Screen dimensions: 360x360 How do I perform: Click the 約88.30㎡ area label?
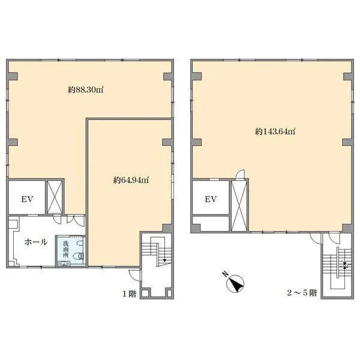[86, 89]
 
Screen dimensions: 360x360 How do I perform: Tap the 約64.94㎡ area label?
[131, 180]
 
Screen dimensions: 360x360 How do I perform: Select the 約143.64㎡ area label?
[275, 131]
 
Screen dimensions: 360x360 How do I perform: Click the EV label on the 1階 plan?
[28, 199]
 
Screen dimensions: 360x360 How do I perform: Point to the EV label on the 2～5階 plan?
[211, 199]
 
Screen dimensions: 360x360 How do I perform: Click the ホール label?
[36, 242]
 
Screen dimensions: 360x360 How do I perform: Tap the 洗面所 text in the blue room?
[66, 249]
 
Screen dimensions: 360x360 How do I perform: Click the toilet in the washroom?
[79, 256]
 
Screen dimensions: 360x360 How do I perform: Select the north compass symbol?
[235, 284]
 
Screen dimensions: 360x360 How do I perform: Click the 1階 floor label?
[130, 293]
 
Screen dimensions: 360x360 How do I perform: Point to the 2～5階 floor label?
[302, 293]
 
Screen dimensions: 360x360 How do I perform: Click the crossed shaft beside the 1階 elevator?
[55, 197]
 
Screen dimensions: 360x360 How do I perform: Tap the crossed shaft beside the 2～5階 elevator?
[239, 205]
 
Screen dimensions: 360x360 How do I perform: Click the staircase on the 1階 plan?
[157, 251]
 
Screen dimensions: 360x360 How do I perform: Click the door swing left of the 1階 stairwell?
[134, 275]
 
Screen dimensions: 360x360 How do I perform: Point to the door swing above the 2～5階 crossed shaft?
[241, 174]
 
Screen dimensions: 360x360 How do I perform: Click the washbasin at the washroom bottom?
[64, 264]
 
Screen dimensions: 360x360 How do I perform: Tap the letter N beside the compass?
[225, 274]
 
